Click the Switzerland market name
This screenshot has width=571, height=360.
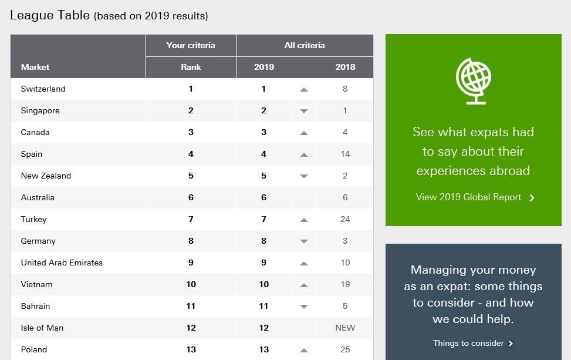(43, 89)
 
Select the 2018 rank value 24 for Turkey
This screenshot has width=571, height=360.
(345, 219)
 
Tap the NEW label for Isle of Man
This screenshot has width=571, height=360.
(345, 328)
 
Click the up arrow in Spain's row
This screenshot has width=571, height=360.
(303, 154)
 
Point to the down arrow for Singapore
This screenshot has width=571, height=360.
(303, 111)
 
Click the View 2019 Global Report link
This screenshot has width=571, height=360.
(475, 197)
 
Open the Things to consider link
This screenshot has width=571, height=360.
(473, 343)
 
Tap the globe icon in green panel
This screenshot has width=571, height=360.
(473, 80)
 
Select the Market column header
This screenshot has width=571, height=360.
(35, 67)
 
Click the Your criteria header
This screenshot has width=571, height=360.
(191, 45)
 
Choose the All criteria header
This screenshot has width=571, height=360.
(305, 45)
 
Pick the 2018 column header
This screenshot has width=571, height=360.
(345, 67)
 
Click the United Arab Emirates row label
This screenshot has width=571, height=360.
(62, 263)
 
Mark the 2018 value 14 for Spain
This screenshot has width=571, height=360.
(345, 154)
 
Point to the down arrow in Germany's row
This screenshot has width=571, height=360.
(303, 241)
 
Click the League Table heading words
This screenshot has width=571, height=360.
(49, 15)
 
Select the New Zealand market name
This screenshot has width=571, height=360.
(46, 176)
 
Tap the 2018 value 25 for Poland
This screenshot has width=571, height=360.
(345, 349)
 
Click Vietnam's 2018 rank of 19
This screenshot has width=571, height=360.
(345, 284)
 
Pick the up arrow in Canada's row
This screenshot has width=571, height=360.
(303, 133)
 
